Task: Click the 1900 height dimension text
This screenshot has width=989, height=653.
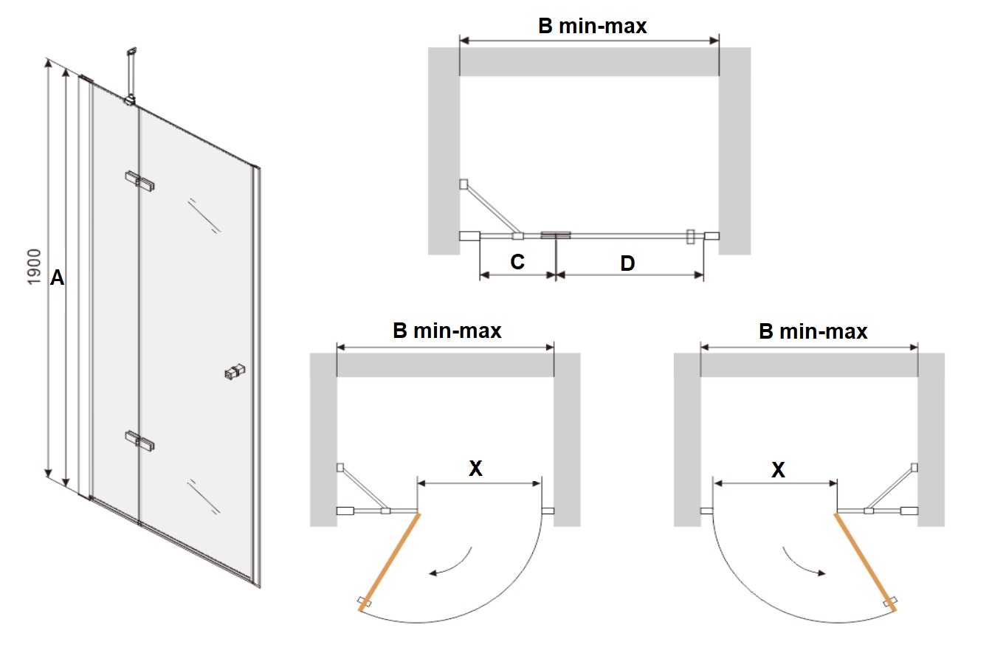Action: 34,266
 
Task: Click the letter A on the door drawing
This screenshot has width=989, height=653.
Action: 58,277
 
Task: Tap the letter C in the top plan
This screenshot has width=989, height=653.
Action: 517,262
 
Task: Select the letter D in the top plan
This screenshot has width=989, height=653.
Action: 627,263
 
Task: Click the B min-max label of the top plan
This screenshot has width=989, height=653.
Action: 593,26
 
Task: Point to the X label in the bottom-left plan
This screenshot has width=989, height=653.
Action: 475,468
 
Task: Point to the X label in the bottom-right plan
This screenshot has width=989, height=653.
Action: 778,470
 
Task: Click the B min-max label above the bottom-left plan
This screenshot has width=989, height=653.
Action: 447,331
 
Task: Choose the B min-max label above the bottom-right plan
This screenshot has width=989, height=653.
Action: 813,331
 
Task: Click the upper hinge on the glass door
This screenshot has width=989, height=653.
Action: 139,181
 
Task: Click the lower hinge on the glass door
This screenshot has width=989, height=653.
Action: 139,440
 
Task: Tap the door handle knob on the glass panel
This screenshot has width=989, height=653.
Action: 235,372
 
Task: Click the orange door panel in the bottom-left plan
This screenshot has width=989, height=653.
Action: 389,562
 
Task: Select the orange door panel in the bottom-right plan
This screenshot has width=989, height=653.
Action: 865,562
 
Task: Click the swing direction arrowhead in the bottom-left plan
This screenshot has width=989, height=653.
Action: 433,573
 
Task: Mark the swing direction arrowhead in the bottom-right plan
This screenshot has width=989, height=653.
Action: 821,573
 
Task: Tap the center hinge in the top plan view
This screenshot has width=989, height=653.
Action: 556,235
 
